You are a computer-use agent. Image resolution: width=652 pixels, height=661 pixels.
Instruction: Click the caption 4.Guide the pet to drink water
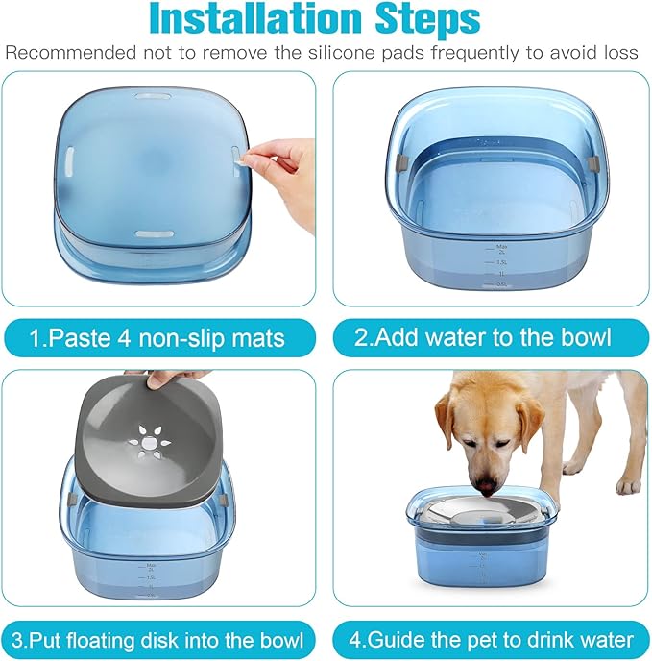coord(491,639)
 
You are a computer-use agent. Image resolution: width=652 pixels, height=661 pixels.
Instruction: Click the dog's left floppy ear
coord(446,419)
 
